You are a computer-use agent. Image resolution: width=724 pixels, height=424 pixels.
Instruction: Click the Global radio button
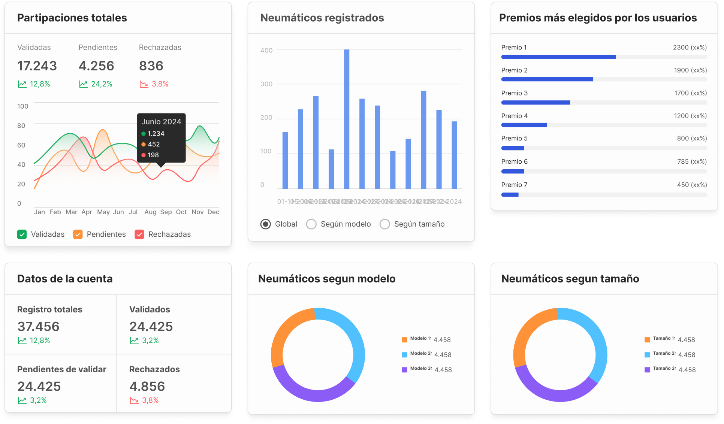(x=265, y=224)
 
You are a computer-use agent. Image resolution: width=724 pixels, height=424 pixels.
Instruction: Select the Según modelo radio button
(x=311, y=224)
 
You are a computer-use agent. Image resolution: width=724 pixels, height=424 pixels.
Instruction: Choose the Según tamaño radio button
(x=384, y=224)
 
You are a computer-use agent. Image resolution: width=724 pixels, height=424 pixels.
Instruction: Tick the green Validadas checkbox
(x=22, y=234)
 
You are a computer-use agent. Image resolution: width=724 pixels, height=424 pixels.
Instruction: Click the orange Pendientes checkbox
(x=78, y=234)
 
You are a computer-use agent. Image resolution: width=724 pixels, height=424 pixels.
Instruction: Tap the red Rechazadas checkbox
(x=139, y=234)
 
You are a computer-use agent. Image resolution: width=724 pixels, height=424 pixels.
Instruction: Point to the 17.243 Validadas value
(x=37, y=66)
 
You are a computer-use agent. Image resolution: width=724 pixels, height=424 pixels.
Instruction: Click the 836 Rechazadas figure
(x=151, y=66)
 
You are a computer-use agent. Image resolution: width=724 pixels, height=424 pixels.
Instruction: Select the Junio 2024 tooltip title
(x=161, y=122)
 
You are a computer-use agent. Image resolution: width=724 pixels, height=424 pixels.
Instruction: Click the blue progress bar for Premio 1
(x=558, y=57)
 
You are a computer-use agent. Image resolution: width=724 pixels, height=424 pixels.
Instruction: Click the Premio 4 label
(x=514, y=116)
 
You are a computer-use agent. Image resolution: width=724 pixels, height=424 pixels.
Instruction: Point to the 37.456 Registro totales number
(x=38, y=327)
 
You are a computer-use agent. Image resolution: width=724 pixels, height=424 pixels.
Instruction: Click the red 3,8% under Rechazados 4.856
(x=150, y=400)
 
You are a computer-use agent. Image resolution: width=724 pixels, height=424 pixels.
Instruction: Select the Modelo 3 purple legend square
(x=404, y=370)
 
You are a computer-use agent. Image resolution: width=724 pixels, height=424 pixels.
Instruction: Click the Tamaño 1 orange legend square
(x=647, y=340)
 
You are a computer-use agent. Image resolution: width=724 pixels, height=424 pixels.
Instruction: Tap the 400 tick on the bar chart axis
(x=266, y=50)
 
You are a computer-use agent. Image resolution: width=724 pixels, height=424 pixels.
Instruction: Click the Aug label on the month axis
(x=150, y=212)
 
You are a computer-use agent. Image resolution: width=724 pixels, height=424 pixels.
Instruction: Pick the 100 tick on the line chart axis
(x=22, y=106)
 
